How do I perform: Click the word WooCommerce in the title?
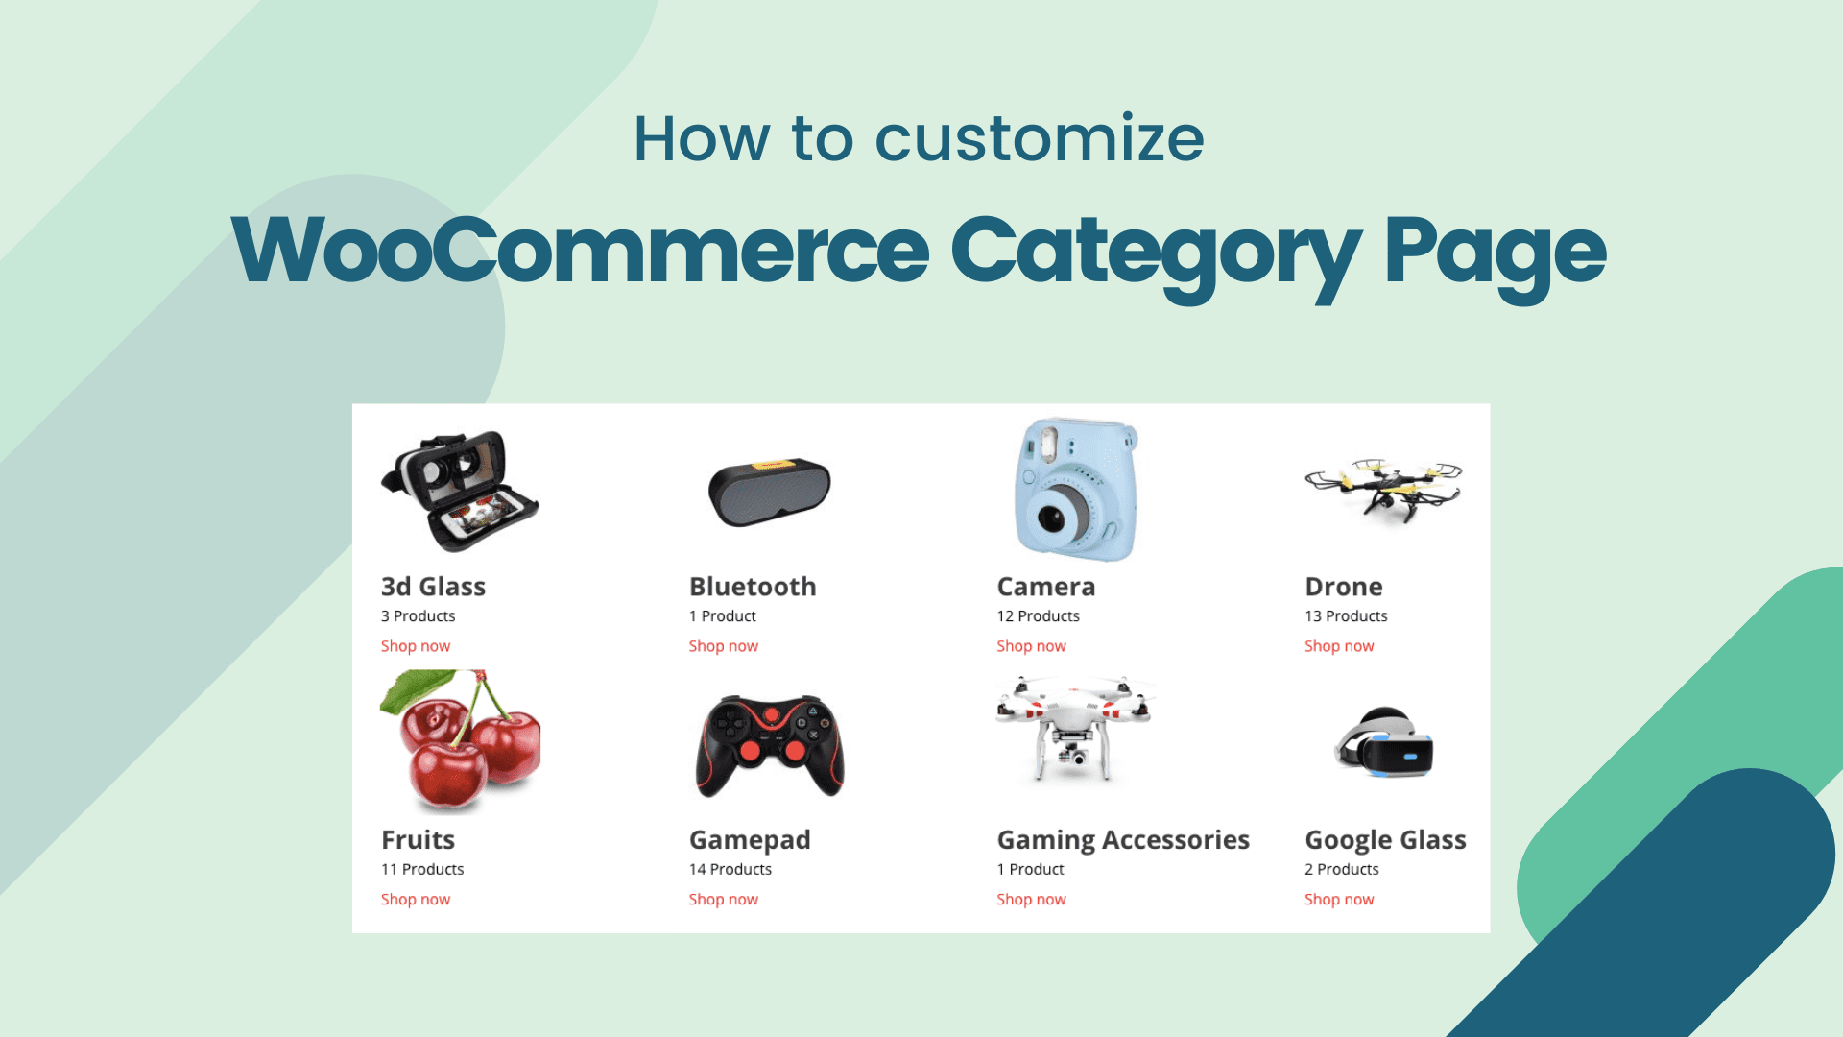pyautogui.click(x=580, y=252)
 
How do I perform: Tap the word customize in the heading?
pyautogui.click(x=1039, y=139)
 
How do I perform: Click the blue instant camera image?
pyautogui.click(x=1075, y=489)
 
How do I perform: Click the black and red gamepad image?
pyautogui.click(x=770, y=746)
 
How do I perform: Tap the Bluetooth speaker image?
pyautogui.click(x=769, y=492)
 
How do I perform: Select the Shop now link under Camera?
pyautogui.click(x=1031, y=646)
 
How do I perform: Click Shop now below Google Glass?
pyautogui.click(x=1339, y=900)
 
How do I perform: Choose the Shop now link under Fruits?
pyautogui.click(x=416, y=900)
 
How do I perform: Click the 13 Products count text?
pyautogui.click(x=1346, y=616)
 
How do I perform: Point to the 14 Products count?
pyautogui.click(x=730, y=869)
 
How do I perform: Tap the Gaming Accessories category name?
pyautogui.click(x=1123, y=840)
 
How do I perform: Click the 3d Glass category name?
pyautogui.click(x=433, y=587)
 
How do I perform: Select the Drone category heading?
pyautogui.click(x=1344, y=587)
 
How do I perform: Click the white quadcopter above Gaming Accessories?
pyautogui.click(x=1073, y=726)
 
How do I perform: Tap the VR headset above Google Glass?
pyautogui.click(x=1384, y=742)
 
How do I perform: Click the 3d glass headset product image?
pyautogui.click(x=460, y=491)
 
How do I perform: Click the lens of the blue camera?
pyautogui.click(x=1053, y=519)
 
